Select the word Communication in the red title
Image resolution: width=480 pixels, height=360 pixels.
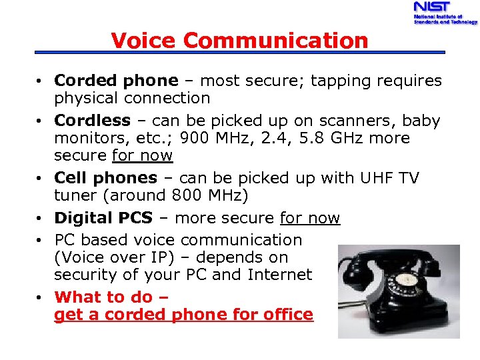pyautogui.click(x=275, y=41)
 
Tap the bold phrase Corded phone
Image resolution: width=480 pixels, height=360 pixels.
pyautogui.click(x=116, y=81)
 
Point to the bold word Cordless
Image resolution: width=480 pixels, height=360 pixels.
pyautogui.click(x=92, y=121)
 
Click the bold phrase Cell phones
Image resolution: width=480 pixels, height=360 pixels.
pyautogui.click(x=105, y=178)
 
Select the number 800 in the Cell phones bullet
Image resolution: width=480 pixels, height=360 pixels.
pyautogui.click(x=185, y=195)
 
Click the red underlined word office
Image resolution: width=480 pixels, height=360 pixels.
pyautogui.click(x=287, y=314)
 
